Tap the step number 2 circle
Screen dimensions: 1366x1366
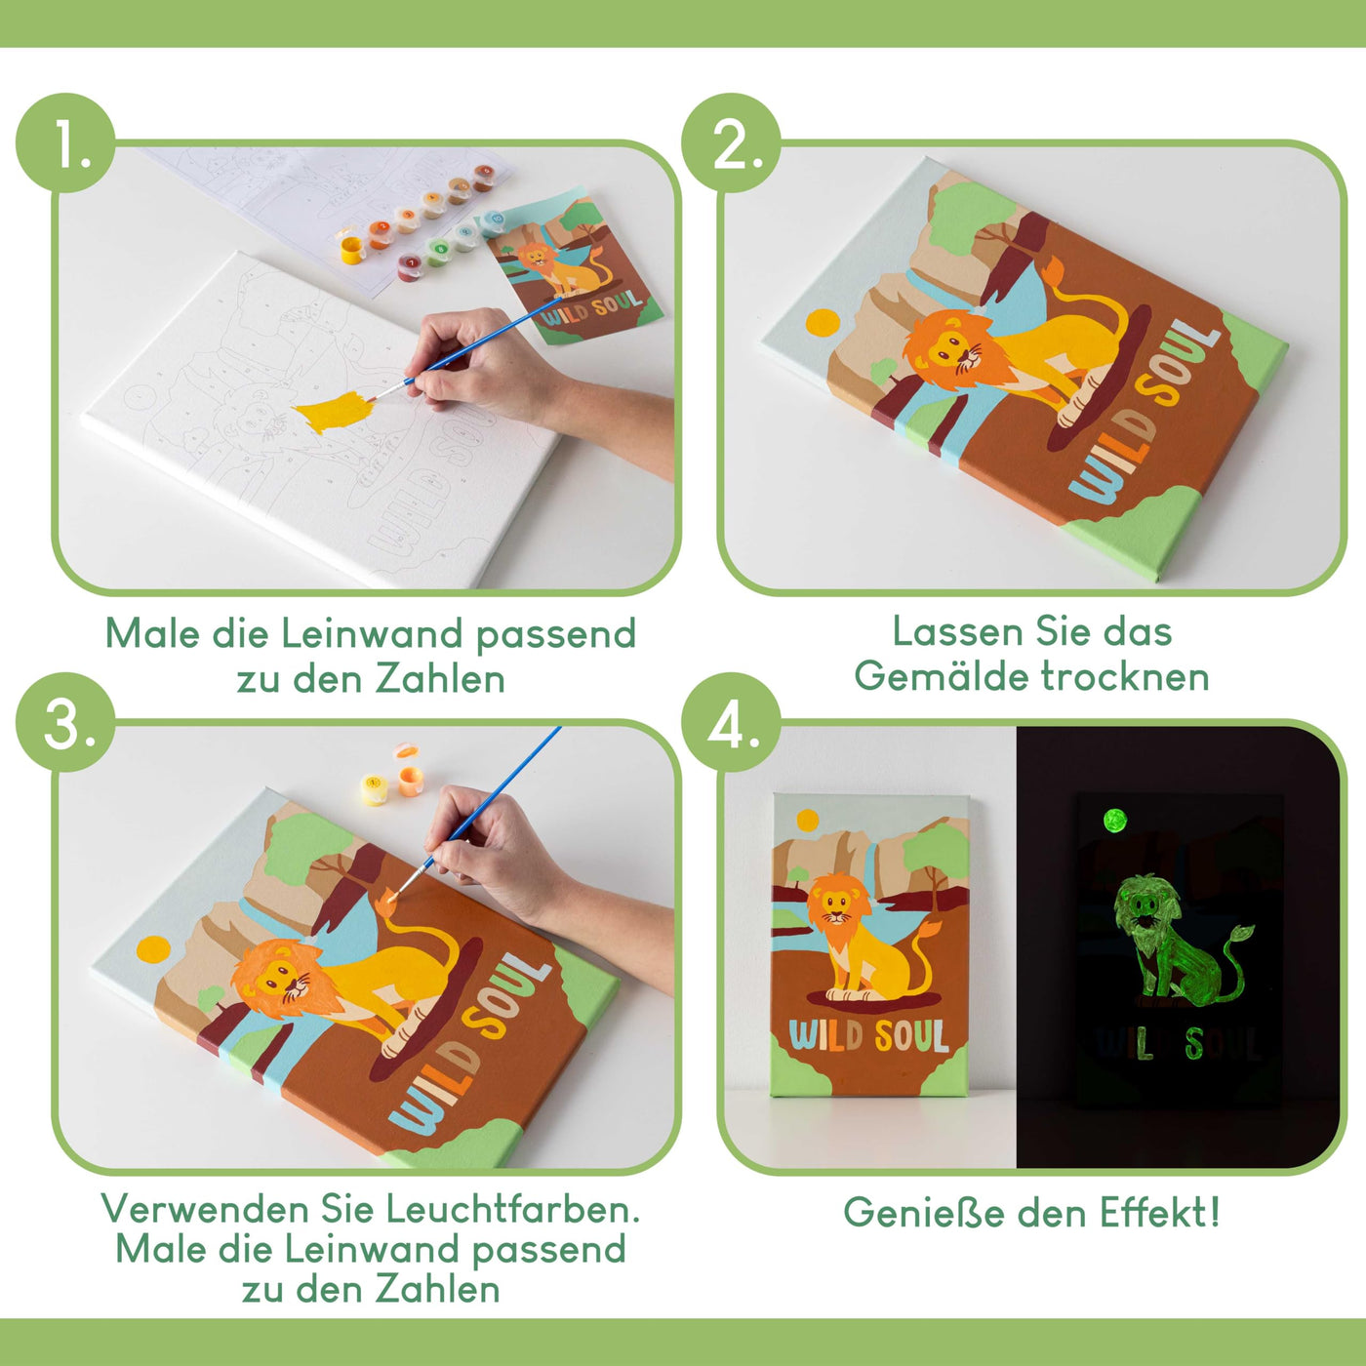[x=732, y=144]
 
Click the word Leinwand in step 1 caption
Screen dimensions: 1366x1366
[x=373, y=634]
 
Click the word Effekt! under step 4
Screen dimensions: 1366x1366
[x=1160, y=1213]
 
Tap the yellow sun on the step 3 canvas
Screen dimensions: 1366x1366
[x=153, y=948]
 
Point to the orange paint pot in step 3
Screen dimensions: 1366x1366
[x=410, y=781]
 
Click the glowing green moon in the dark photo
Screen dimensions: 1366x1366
[x=1114, y=821]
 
